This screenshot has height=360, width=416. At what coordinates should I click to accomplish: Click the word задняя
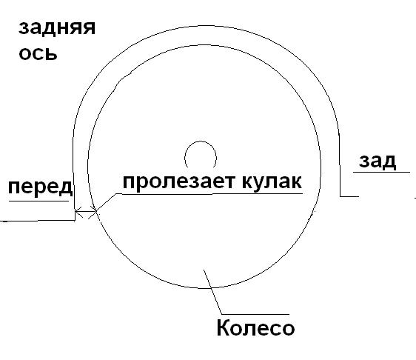pyautogui.click(x=57, y=28)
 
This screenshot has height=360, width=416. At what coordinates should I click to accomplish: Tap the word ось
pyautogui.click(x=38, y=53)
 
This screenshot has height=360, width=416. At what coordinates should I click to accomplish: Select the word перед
pyautogui.click(x=40, y=187)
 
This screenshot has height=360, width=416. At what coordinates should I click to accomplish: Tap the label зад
pyautogui.click(x=378, y=161)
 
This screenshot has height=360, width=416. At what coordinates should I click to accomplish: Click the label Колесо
pyautogui.click(x=255, y=327)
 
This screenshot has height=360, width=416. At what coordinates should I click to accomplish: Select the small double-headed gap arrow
pyautogui.click(x=85, y=212)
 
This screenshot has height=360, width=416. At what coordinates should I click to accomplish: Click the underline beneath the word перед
pyautogui.click(x=39, y=201)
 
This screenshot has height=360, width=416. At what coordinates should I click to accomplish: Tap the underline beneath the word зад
pyautogui.click(x=381, y=173)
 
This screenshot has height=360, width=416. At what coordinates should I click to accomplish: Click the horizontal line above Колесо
pyautogui.click(x=255, y=314)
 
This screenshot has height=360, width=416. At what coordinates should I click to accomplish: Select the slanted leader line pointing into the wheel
pyautogui.click(x=212, y=292)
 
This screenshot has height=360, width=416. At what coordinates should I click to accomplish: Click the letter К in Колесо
pyautogui.click(x=223, y=327)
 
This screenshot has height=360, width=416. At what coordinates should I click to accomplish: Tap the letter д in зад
pyautogui.click(x=390, y=162)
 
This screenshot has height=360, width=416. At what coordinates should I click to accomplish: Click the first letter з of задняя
pyautogui.click(x=24, y=28)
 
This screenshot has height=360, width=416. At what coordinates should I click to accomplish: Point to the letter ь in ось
pyautogui.click(x=51, y=53)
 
